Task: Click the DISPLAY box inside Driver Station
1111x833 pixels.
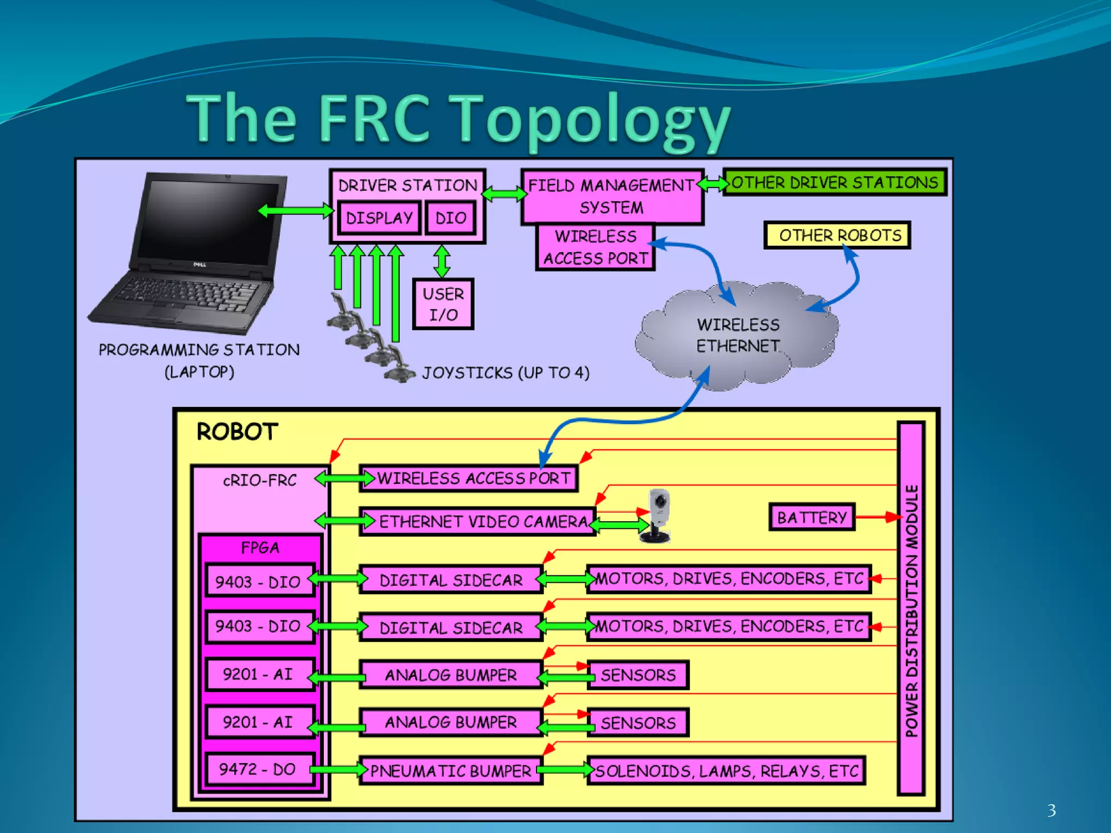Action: (379, 218)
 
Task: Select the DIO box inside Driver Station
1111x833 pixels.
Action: (450, 218)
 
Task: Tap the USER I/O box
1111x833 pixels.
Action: (443, 304)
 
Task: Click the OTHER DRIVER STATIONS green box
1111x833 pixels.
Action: (834, 183)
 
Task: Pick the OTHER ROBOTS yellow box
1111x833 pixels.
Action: (837, 235)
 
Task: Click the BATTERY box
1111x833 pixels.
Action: (812, 517)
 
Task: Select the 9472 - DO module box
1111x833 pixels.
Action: (259, 770)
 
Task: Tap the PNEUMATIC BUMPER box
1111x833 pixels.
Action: (451, 771)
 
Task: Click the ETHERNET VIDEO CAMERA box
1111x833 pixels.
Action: (477, 522)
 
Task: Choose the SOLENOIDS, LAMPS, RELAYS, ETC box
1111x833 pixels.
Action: (726, 771)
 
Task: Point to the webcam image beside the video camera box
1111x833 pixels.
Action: (658, 515)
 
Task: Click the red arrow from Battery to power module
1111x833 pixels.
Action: (876, 517)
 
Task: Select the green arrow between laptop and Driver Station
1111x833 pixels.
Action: (296, 210)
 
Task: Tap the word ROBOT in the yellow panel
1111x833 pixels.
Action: (237, 432)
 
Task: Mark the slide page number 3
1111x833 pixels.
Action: (1051, 810)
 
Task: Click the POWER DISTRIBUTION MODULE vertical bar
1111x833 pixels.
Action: (911, 607)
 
